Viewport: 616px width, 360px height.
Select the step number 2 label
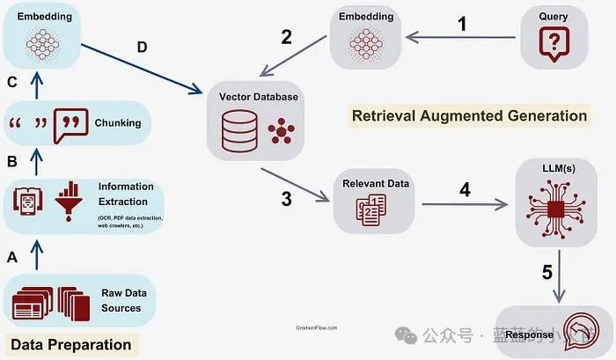point(286,36)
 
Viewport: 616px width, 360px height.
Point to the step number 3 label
point(286,198)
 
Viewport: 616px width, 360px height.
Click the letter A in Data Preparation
point(11,257)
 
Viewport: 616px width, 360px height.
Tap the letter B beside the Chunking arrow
point(11,162)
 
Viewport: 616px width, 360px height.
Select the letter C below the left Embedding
point(11,84)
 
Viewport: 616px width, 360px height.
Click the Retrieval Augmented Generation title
point(469,115)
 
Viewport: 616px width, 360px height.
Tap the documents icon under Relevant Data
point(370,211)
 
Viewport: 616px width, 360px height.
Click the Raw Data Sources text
point(121,301)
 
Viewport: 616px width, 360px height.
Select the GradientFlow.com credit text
point(316,327)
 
